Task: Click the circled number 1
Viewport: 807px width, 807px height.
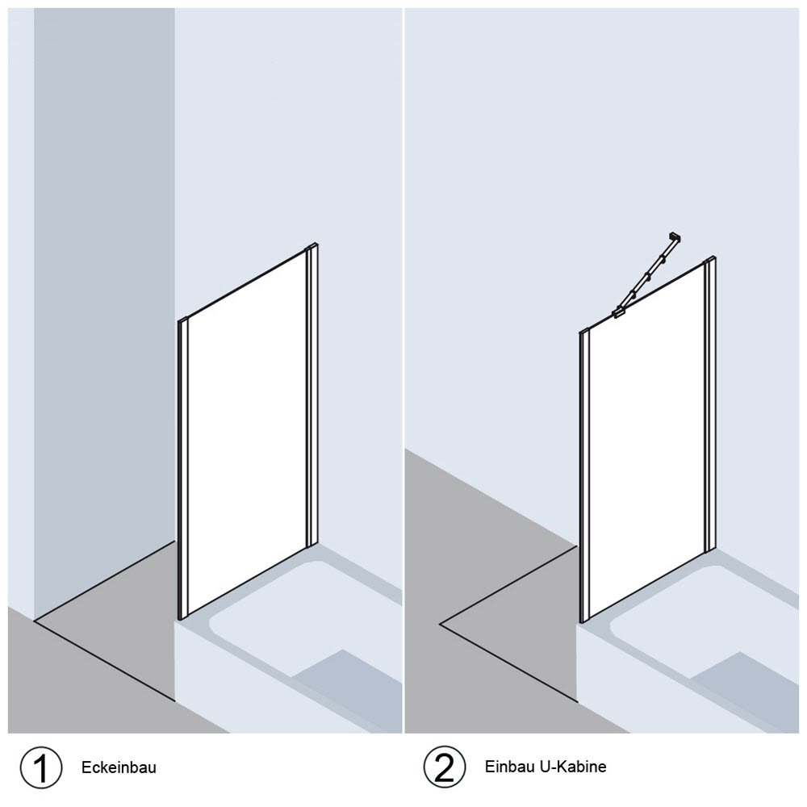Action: [41, 767]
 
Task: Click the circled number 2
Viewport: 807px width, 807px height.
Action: [445, 767]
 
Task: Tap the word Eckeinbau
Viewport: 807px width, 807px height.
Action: [119, 767]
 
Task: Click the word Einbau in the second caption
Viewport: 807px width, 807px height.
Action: [509, 767]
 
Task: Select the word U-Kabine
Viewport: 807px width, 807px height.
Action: [573, 767]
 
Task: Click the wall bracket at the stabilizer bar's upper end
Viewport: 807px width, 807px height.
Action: [675, 237]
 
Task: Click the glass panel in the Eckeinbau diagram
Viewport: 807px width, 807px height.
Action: [248, 433]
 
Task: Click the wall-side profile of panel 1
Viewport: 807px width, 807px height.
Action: [312, 396]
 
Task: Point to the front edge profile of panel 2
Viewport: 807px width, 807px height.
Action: [583, 477]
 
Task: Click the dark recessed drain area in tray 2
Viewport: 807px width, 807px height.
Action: [749, 687]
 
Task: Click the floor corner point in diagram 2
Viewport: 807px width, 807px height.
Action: [440, 625]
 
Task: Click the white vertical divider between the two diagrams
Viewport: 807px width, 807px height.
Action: [403, 370]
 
